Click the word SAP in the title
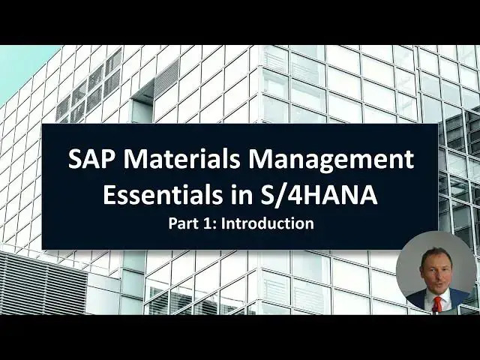[88, 160]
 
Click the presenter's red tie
[437, 304]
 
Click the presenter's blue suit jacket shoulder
[458, 297]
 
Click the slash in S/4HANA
[274, 196]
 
